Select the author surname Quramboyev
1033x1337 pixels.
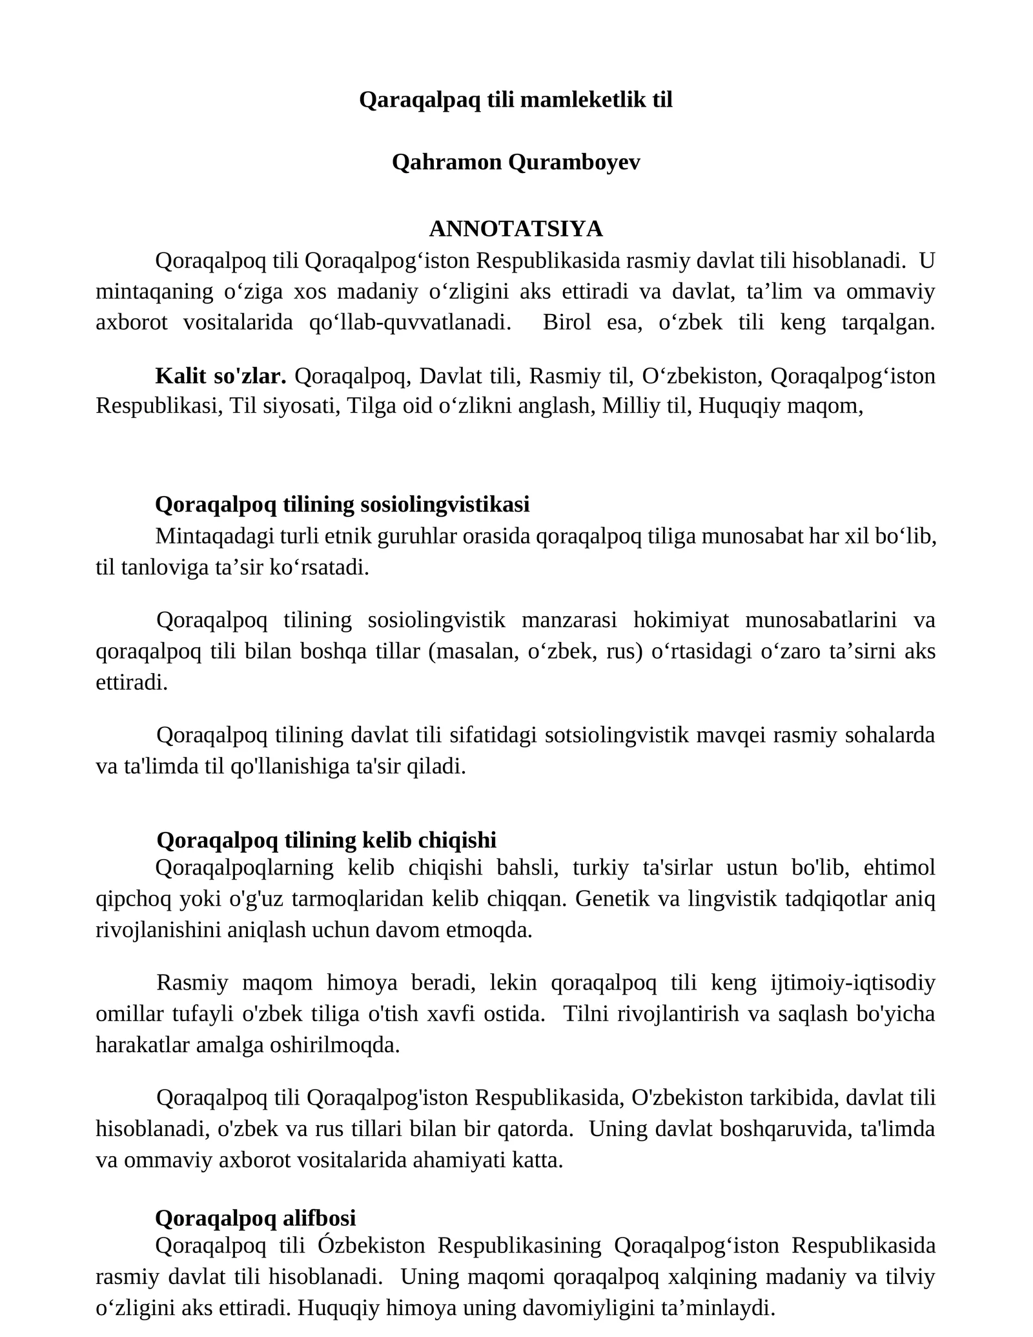click(574, 162)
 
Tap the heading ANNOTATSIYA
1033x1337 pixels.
click(516, 229)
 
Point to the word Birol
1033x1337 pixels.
click(567, 322)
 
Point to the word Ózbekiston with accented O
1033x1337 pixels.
click(372, 1245)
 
